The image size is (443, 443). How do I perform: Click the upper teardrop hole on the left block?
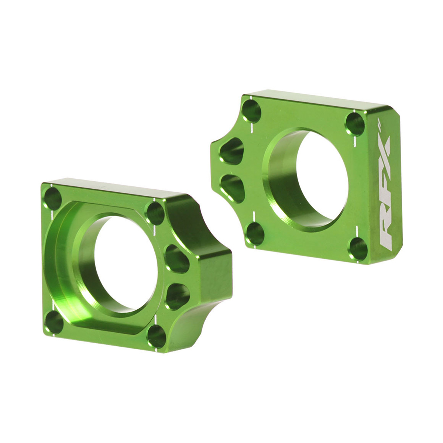point(176,258)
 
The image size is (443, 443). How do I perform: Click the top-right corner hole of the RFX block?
point(355,123)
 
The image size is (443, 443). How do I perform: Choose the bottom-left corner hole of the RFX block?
point(254,233)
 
